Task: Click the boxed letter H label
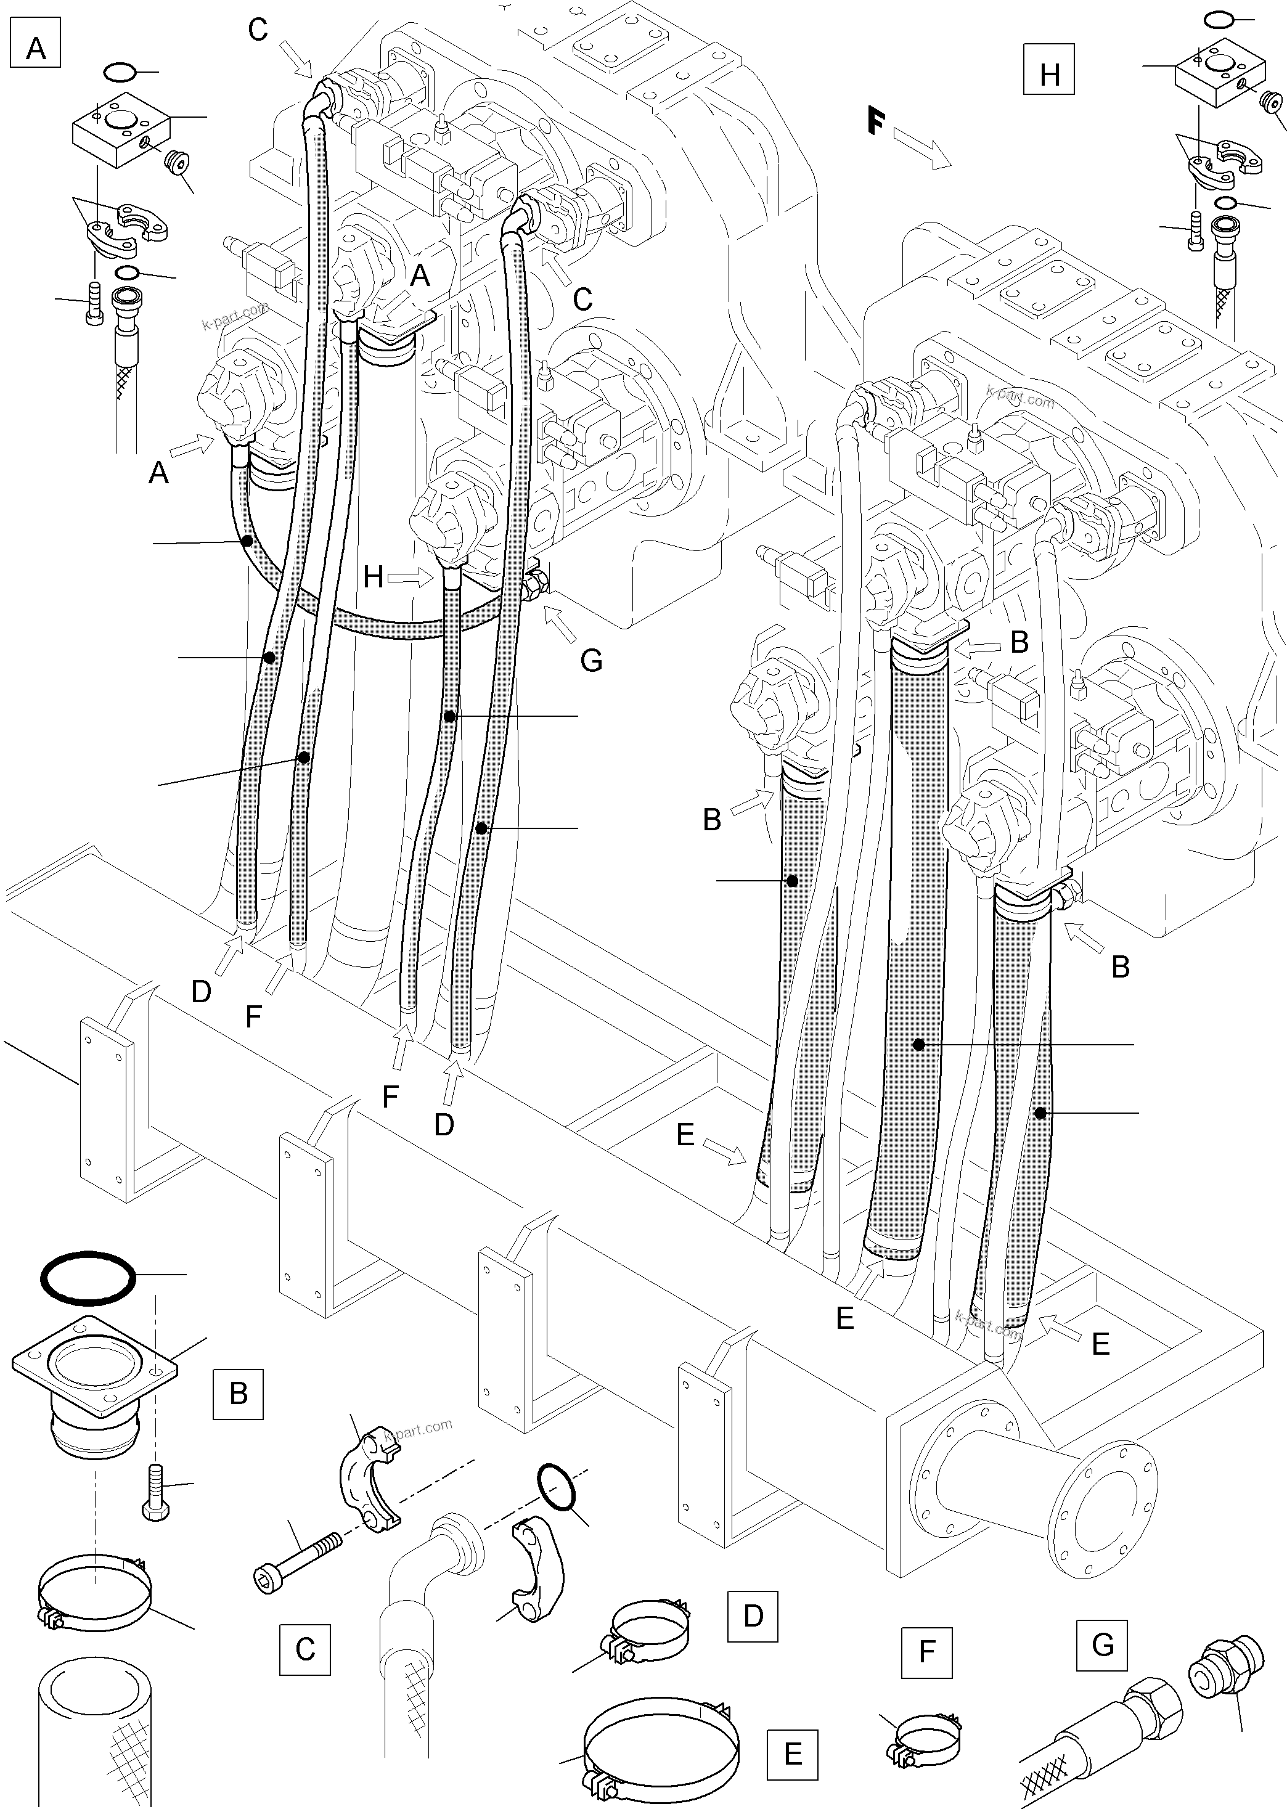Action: point(1048,74)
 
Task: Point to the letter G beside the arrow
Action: point(591,659)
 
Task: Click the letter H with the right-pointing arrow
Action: point(374,577)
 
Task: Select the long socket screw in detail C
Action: point(297,1559)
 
